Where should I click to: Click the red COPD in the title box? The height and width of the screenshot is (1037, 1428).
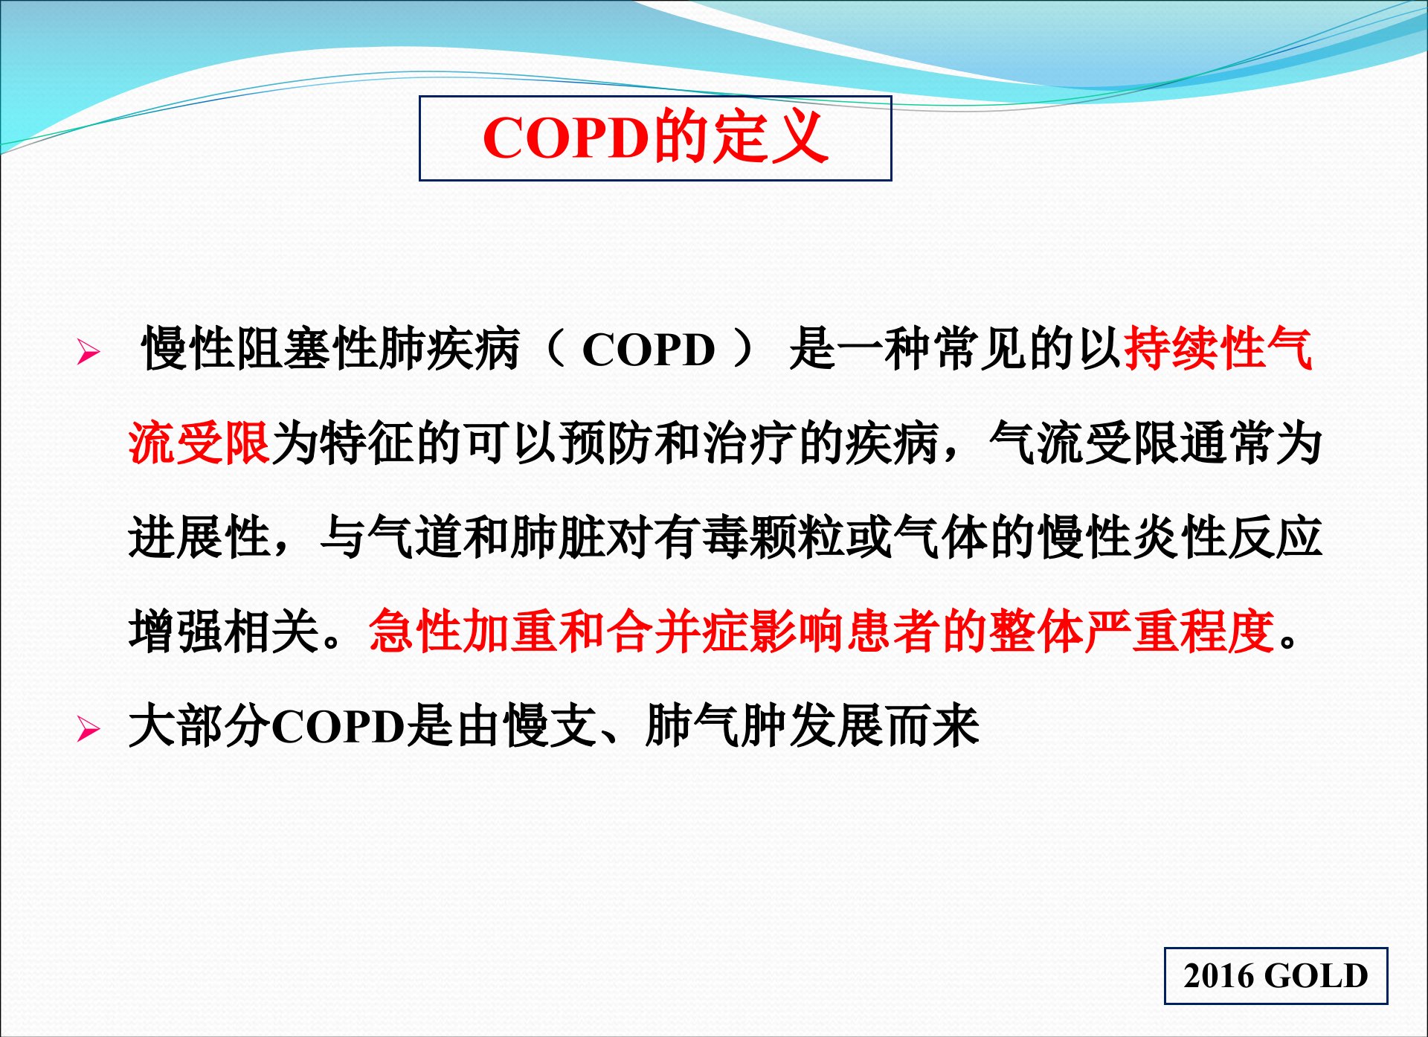(566, 138)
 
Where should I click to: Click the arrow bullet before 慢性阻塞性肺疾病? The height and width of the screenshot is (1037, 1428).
(88, 351)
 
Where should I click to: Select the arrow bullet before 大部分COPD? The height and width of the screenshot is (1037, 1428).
(88, 730)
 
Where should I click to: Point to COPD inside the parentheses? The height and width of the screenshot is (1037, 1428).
(649, 350)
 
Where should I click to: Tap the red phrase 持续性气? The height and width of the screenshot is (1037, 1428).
(1218, 348)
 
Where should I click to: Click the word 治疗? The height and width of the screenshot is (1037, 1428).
(749, 443)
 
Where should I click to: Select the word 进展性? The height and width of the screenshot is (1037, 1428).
(199, 537)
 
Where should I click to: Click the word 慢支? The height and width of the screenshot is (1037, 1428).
(550, 726)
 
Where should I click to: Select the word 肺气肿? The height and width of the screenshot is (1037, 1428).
(716, 726)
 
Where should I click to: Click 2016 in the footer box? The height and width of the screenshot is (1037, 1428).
(1220, 975)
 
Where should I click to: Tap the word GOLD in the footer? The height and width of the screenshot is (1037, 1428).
(1316, 975)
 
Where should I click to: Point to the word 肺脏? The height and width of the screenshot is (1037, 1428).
(559, 537)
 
